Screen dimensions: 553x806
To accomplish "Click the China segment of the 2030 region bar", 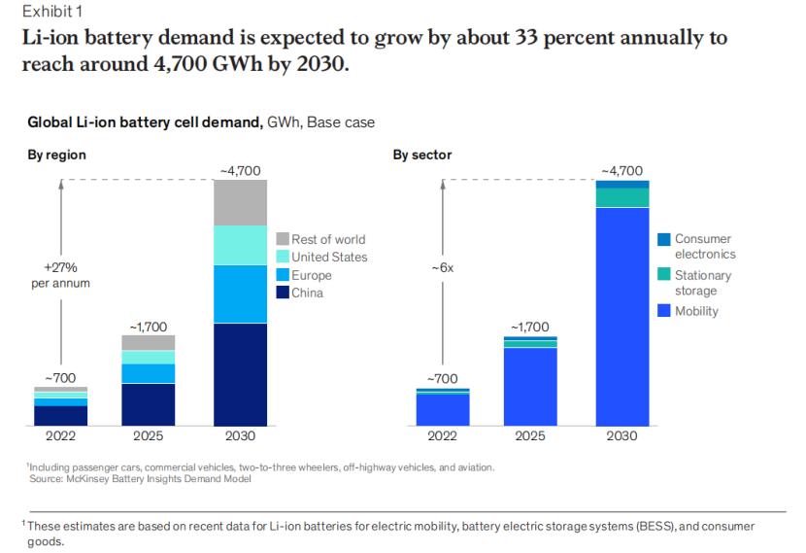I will pos(239,374).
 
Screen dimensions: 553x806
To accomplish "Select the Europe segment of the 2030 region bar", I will pos(239,294).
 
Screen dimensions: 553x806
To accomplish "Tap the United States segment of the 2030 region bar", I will pos(239,245).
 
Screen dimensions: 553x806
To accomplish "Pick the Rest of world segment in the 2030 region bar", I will pos(239,202).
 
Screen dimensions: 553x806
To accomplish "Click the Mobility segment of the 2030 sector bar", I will pos(622,317).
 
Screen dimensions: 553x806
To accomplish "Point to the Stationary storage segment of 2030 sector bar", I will pos(622,197).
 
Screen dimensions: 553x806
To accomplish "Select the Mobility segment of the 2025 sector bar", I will pos(530,387).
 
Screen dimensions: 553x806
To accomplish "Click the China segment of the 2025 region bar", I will pos(148,404).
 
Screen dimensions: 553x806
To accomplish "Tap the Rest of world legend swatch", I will pos(283,239).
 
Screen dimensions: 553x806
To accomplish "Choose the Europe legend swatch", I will pos(283,275).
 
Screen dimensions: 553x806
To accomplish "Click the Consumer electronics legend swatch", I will pos(664,239).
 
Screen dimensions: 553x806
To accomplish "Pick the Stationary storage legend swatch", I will pos(664,275).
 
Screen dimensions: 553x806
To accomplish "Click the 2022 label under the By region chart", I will pos(60,436).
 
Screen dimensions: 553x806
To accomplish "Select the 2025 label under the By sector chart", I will pos(530,436).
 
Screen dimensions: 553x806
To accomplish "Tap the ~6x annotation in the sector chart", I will pos(442,267).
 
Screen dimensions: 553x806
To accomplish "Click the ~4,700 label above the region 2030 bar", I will pos(239,171).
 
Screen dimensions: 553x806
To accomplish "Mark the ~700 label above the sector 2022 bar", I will pos(443,378).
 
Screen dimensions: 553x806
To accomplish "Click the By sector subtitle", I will pos(422,155).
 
